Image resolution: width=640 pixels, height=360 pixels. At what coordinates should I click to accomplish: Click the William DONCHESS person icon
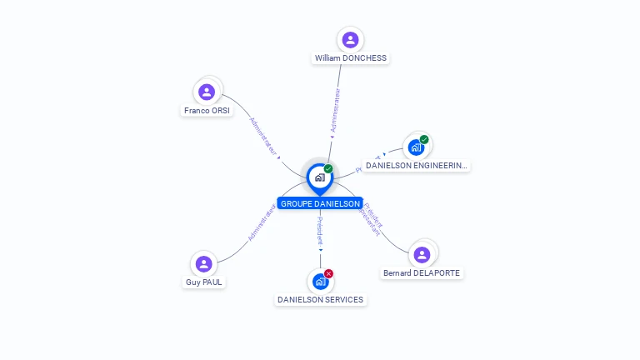pos(350,39)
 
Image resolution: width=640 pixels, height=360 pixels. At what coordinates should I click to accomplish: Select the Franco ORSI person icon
pos(207,92)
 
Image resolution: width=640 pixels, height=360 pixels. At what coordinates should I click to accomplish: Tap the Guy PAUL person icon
pos(203,264)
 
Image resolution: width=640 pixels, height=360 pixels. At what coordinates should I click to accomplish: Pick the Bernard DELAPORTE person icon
pos(422,254)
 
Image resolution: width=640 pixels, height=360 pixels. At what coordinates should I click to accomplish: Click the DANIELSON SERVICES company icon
pos(321,281)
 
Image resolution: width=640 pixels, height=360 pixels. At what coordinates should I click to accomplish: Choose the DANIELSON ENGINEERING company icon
pos(416,147)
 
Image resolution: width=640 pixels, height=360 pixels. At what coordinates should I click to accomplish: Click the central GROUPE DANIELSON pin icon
pos(319,177)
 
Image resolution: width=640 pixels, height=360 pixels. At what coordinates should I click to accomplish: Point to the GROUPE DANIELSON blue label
pos(320,203)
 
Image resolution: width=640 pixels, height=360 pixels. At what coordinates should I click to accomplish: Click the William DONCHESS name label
pos(350,58)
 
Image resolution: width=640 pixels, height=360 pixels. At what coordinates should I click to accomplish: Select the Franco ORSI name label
pos(207,110)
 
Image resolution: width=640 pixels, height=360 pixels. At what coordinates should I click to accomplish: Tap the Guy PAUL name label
pos(204,282)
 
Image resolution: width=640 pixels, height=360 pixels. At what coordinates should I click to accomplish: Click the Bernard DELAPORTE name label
pos(421,272)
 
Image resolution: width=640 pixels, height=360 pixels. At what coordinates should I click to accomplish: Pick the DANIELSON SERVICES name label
pos(321,299)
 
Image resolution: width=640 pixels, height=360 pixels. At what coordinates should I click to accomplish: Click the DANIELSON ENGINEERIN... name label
pos(417,166)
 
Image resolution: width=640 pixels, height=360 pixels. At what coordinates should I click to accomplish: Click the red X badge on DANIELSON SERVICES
pos(329,273)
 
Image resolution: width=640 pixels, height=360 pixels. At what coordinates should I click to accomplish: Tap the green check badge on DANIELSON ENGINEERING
pos(424,139)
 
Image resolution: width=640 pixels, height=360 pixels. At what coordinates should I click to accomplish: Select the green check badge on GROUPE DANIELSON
pos(328,169)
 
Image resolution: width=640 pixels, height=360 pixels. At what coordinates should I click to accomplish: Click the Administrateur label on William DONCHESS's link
pos(336,111)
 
